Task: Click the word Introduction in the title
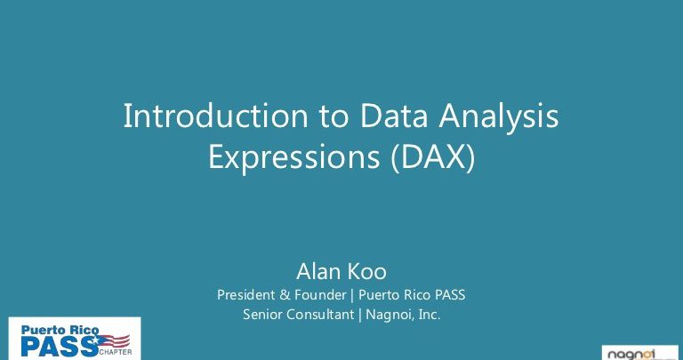[x=215, y=116]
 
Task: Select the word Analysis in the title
[x=498, y=118]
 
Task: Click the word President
[x=245, y=295]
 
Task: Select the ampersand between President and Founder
[x=285, y=295]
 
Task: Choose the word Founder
[x=320, y=295]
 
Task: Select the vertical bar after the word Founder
[x=352, y=295]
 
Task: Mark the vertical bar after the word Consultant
[x=360, y=315]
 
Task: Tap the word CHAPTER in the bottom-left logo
[x=116, y=352]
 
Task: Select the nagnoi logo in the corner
[x=640, y=353]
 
